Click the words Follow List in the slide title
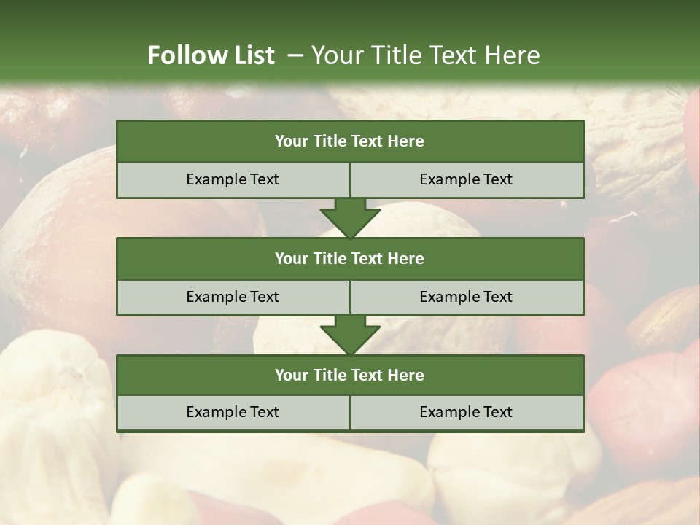click(x=211, y=55)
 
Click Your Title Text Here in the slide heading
click(x=425, y=55)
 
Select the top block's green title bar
click(x=350, y=141)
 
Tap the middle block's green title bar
click(x=350, y=258)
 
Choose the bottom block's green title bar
click(x=350, y=375)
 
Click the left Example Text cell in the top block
click(x=233, y=179)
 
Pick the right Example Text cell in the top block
click(x=467, y=179)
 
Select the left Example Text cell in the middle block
click(x=233, y=297)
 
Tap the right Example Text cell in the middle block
click(x=467, y=297)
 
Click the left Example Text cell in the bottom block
click(x=233, y=412)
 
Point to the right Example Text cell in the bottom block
click(x=467, y=412)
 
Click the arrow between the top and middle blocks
click(x=350, y=217)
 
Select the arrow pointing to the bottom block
click(x=350, y=335)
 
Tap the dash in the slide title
click(x=295, y=55)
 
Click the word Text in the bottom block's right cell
click(x=497, y=412)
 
